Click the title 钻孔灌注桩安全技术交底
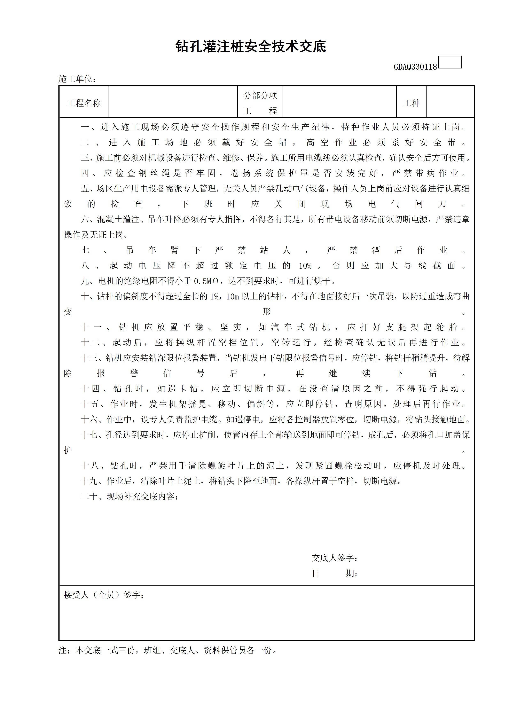click(251, 46)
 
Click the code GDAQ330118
click(415, 67)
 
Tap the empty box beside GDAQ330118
click(450, 62)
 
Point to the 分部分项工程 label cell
click(260, 103)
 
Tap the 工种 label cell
click(411, 103)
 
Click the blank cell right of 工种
click(450, 102)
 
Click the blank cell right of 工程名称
click(173, 102)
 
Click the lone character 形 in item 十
click(266, 312)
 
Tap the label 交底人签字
click(334, 558)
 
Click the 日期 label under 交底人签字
click(334, 573)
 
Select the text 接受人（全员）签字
click(103, 595)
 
